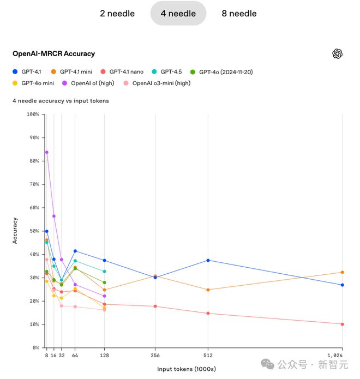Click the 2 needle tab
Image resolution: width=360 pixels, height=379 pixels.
117,13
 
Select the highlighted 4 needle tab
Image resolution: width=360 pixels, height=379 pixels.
178,13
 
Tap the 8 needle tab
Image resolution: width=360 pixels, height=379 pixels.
239,13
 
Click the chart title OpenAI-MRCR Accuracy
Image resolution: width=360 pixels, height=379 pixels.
53,53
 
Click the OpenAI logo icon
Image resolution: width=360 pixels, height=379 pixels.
337,53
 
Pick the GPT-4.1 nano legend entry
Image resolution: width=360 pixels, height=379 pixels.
126,71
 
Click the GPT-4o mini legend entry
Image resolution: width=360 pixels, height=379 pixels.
37,83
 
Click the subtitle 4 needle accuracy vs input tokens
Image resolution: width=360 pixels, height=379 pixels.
61,101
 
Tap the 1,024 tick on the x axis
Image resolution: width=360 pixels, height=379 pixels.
341,355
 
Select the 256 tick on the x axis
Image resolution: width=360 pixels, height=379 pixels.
155,355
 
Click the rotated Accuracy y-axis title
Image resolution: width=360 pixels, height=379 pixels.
15,231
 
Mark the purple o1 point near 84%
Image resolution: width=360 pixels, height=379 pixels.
46,152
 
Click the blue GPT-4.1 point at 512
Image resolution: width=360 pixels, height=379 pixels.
208,260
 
